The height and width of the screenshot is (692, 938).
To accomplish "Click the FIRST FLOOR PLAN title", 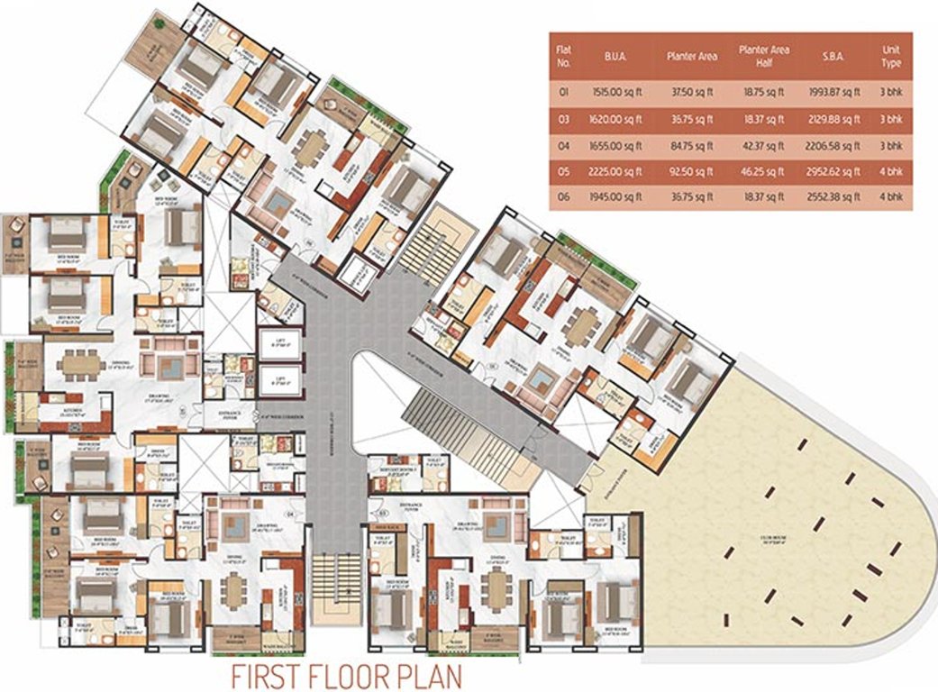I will (346, 675).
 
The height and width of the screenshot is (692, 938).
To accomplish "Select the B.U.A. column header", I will (616, 56).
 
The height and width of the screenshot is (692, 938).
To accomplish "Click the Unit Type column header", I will (890, 56).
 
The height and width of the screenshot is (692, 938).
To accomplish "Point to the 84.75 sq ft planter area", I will (692, 144).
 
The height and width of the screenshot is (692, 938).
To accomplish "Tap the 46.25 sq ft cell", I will (761, 170).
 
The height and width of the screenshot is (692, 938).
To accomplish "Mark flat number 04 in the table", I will (565, 144).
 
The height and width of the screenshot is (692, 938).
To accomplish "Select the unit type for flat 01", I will (890, 91).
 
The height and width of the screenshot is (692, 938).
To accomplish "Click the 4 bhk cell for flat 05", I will (890, 170).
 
